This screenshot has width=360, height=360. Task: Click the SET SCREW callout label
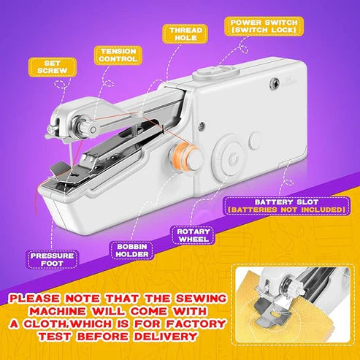(x=53, y=67)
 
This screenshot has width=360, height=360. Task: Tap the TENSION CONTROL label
(x=118, y=55)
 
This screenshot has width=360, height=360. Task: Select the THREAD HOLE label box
(x=185, y=34)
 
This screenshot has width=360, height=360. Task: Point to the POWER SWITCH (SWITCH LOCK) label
(x=264, y=26)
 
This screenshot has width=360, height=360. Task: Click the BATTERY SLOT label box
(x=287, y=206)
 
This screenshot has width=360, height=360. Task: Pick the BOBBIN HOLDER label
(x=132, y=250)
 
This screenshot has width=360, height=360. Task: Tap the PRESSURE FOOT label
(x=53, y=259)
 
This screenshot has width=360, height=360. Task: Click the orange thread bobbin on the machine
(x=183, y=155)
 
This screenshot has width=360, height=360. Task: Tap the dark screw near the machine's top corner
(x=275, y=84)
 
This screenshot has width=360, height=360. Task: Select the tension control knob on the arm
(x=85, y=127)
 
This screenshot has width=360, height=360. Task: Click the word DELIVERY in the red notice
(x=166, y=337)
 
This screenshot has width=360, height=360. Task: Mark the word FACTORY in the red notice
(x=196, y=323)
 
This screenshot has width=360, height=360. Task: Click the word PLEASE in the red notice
(x=34, y=299)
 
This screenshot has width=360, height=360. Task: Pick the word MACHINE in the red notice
(x=58, y=311)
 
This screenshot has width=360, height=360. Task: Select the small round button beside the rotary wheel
(x=256, y=141)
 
